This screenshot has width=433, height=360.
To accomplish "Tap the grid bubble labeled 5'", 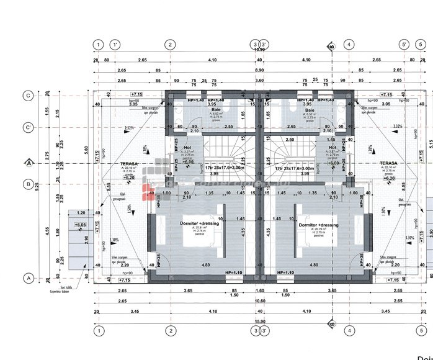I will tap(404, 45).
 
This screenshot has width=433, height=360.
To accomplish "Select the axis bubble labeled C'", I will tap(28, 128).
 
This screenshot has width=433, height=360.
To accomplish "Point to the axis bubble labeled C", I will tap(28, 95).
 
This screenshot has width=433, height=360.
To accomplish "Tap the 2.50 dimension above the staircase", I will tap(290, 140).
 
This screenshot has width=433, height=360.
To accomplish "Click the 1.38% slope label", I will tap(114, 239).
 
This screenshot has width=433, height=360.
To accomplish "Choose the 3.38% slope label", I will tap(409, 238).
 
